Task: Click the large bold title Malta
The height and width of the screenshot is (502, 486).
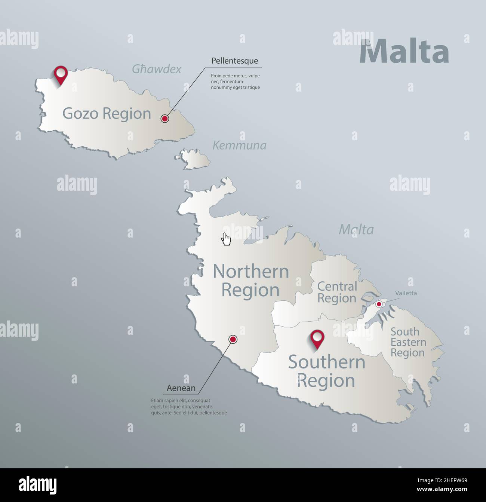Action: [404, 52]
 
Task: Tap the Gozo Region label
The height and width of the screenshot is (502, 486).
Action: [107, 113]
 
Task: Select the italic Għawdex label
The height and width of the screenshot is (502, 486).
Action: [156, 69]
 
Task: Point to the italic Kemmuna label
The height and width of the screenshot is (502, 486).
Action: [239, 145]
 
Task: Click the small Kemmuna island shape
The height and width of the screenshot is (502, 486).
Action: [195, 159]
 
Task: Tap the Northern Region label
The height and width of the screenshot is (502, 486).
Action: [251, 281]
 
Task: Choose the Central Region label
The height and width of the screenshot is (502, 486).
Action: [337, 292]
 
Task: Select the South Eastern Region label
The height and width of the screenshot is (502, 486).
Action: [408, 342]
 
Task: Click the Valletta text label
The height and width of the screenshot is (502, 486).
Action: [406, 293]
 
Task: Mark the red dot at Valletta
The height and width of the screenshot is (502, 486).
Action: [379, 304]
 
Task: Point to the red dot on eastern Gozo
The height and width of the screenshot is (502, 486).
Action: [164, 119]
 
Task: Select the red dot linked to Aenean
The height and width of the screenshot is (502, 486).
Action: [233, 339]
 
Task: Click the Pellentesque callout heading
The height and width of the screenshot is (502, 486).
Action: [234, 61]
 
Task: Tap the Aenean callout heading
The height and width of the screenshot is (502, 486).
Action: [181, 388]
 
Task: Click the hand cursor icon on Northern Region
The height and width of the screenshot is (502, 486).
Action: [226, 239]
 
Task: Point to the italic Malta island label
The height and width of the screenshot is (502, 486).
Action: [356, 229]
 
